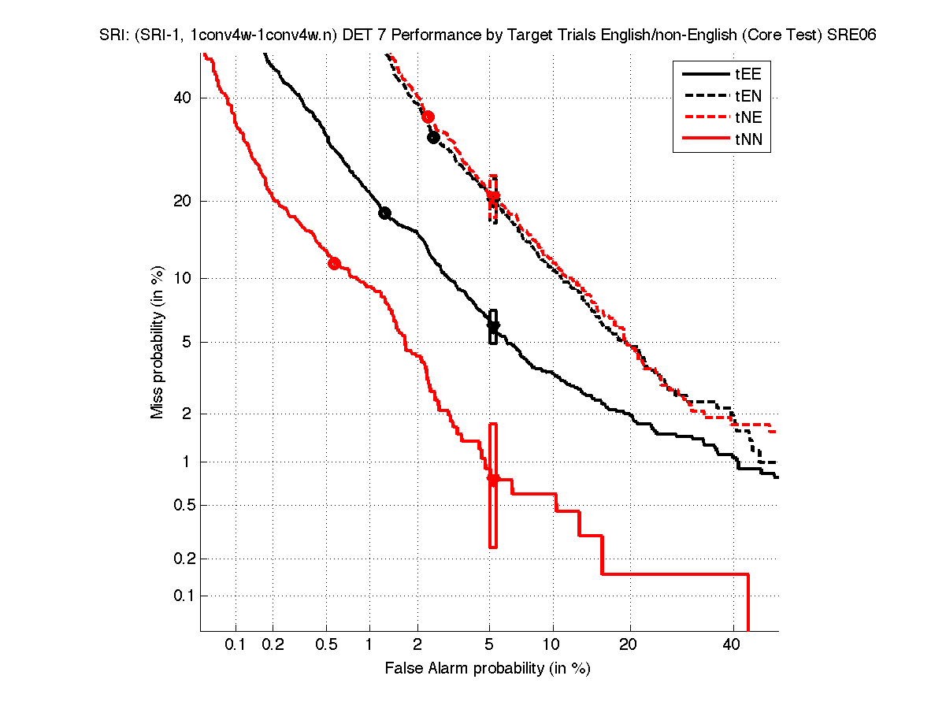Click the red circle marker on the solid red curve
tap(334, 263)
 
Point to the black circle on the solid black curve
tap(385, 213)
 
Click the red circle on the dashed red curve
tap(428, 117)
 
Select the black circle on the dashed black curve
tap(433, 137)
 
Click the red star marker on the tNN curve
tap(493, 479)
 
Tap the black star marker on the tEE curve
tap(493, 326)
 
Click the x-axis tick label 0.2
tap(273, 644)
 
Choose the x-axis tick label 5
tap(490, 644)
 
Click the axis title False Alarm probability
tap(488, 669)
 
